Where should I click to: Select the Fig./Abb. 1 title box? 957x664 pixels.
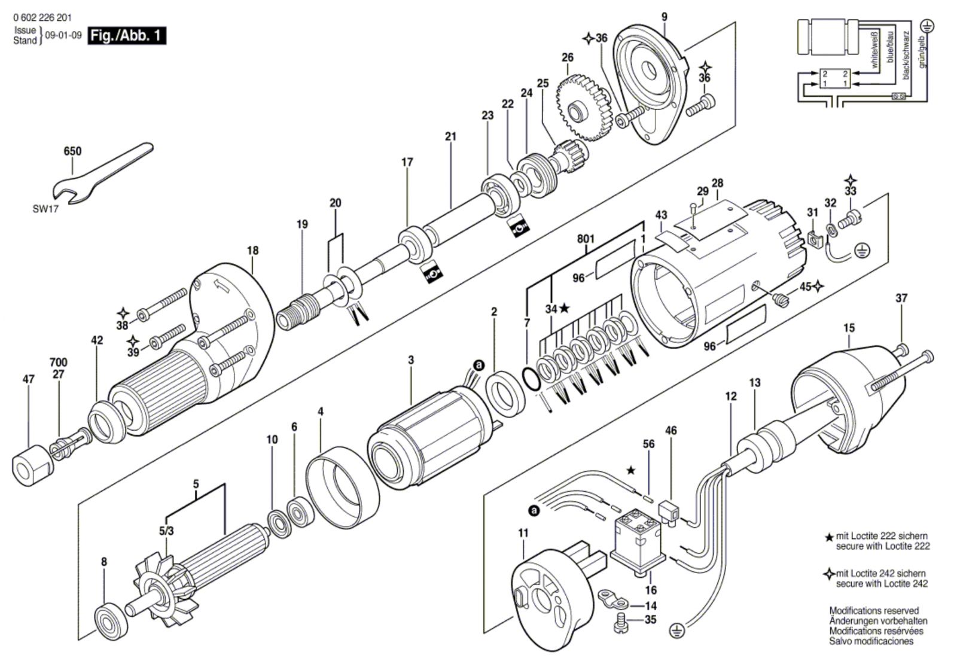click(x=127, y=36)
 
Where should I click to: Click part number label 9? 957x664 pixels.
click(x=664, y=17)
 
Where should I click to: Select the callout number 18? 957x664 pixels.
click(x=252, y=250)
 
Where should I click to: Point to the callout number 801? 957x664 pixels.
click(x=586, y=239)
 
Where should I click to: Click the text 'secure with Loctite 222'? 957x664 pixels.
click(x=882, y=546)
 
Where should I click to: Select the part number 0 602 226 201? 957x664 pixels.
click(x=42, y=18)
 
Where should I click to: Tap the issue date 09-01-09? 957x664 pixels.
click(x=63, y=35)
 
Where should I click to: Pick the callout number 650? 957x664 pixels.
click(x=72, y=151)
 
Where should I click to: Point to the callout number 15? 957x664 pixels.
click(x=849, y=328)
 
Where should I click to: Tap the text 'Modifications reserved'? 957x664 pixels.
click(x=873, y=611)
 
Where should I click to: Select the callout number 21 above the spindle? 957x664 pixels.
click(x=450, y=136)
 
